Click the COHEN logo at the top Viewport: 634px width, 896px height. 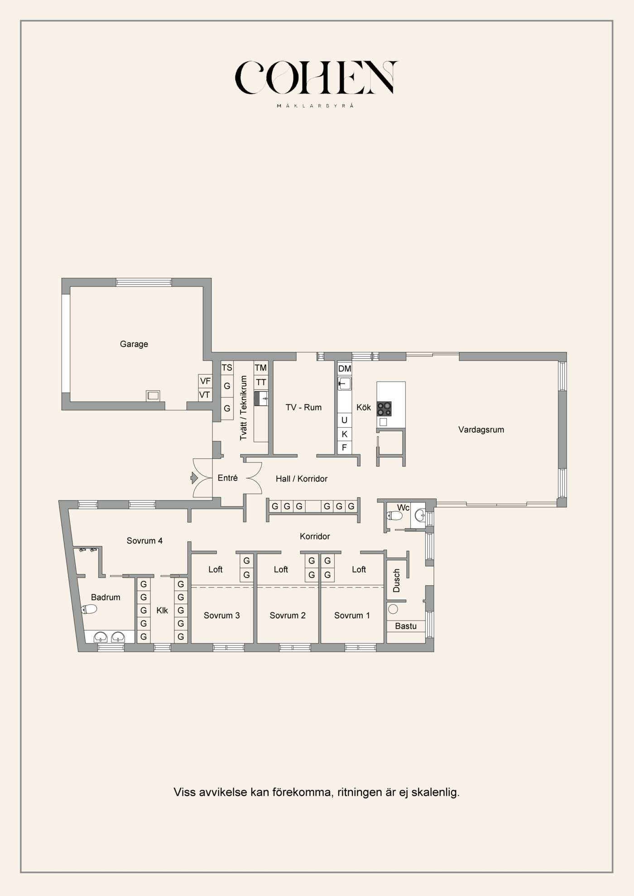(316, 78)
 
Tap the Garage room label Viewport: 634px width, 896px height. (134, 344)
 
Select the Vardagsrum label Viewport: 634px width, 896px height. (481, 429)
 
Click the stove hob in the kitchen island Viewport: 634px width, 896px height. (384, 409)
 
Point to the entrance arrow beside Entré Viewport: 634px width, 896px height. (194, 477)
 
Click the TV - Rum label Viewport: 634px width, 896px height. (303, 407)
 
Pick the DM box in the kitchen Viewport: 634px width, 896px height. (345, 368)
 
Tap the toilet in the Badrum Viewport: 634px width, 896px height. (89, 609)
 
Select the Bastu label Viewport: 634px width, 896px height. (405, 626)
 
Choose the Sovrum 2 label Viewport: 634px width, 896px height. (288, 615)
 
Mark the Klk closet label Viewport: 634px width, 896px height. (162, 610)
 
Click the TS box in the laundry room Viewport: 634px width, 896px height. (227, 367)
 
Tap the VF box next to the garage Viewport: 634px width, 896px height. (205, 381)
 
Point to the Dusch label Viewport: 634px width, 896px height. (397, 581)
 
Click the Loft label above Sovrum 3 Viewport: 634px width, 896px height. (215, 569)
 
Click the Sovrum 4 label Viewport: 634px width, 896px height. (144, 540)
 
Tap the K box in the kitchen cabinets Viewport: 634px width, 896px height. (344, 434)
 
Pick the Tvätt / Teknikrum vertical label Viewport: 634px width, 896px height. (244, 407)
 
